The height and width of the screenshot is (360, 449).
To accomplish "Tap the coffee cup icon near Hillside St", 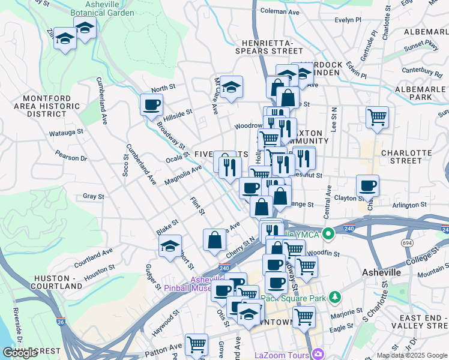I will [151, 105].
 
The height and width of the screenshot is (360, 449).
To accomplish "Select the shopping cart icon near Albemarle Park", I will [377, 117].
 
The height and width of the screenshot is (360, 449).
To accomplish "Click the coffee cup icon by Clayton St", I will [367, 185].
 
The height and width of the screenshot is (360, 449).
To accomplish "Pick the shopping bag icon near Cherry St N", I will [214, 240].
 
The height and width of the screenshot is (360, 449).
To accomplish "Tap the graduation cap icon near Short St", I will [170, 245].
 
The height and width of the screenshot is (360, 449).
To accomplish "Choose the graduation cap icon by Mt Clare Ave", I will [231, 87].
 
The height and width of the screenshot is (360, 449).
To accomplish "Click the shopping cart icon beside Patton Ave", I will [196, 344].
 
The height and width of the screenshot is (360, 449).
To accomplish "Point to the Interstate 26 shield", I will [61, 322].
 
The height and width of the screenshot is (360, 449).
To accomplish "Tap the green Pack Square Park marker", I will [334, 297].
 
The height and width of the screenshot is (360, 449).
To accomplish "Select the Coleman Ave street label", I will [280, 11].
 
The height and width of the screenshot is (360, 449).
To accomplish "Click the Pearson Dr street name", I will [71, 158].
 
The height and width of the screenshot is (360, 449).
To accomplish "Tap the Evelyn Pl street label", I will [348, 19].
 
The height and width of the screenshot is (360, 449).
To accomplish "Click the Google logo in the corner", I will [20, 353].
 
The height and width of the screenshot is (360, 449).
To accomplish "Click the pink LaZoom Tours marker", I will [316, 354].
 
